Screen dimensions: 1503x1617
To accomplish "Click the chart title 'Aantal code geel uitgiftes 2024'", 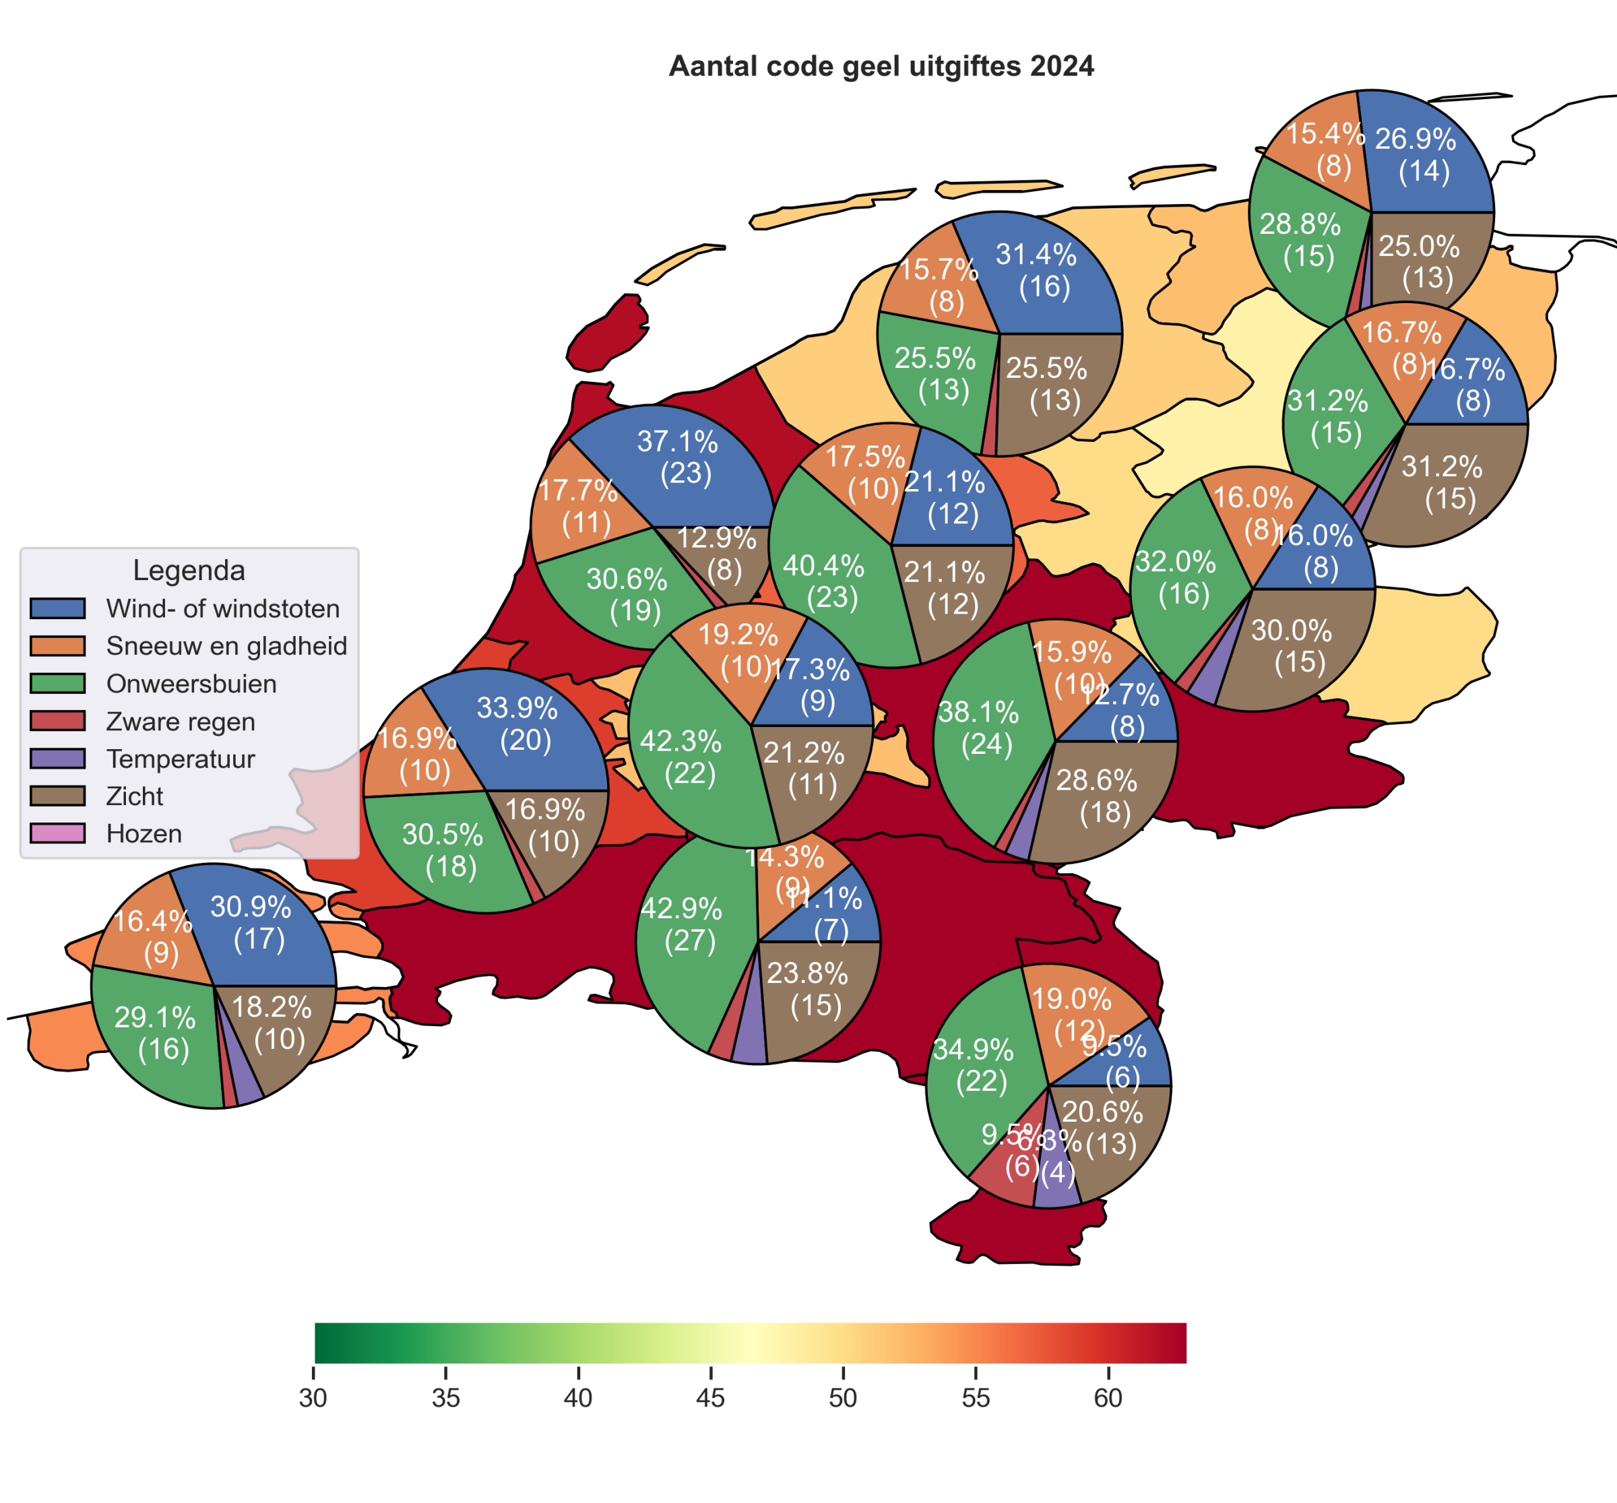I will click(x=881, y=67).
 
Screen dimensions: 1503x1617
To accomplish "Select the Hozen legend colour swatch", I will click(x=58, y=833).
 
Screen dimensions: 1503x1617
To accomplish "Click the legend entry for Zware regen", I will click(x=180, y=722).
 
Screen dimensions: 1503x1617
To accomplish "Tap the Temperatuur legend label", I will click(x=180, y=759).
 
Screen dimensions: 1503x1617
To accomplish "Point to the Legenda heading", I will click(x=189, y=570).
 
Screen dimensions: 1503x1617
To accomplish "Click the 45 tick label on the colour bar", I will click(x=710, y=1398).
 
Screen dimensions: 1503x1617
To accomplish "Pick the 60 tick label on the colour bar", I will click(x=1108, y=1398).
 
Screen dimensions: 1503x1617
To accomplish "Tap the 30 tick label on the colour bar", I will click(x=313, y=1398).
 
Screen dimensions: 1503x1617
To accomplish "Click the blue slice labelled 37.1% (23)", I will click(x=683, y=463).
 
